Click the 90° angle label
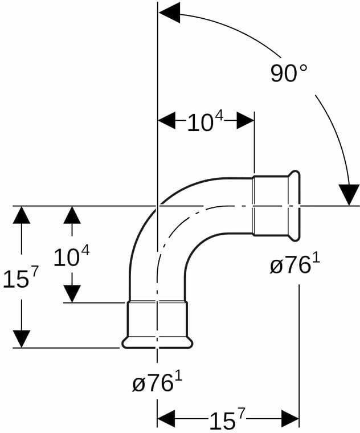coord(288,73)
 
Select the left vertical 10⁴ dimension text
coord(72,256)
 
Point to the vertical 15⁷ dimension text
coord(20,277)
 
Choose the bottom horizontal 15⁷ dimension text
coord(227,420)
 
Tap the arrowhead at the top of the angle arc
coord(169,13)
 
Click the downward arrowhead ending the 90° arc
coord(349,195)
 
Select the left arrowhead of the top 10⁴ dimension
coord(166,120)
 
